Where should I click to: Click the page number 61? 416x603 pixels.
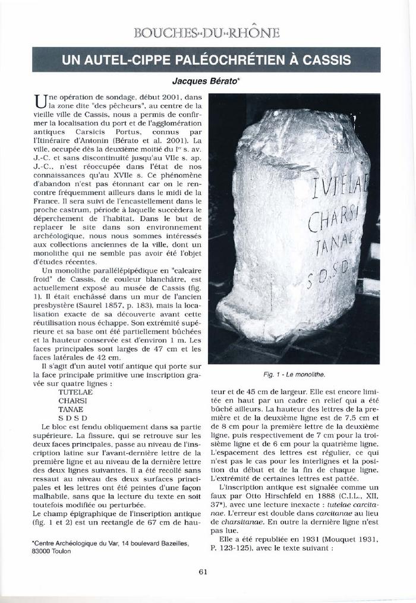[x=203, y=572]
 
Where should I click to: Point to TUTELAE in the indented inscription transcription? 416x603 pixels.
[x=74, y=392]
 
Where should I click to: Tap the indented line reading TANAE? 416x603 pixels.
[x=70, y=409]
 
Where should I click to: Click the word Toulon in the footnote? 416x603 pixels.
[x=59, y=551]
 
